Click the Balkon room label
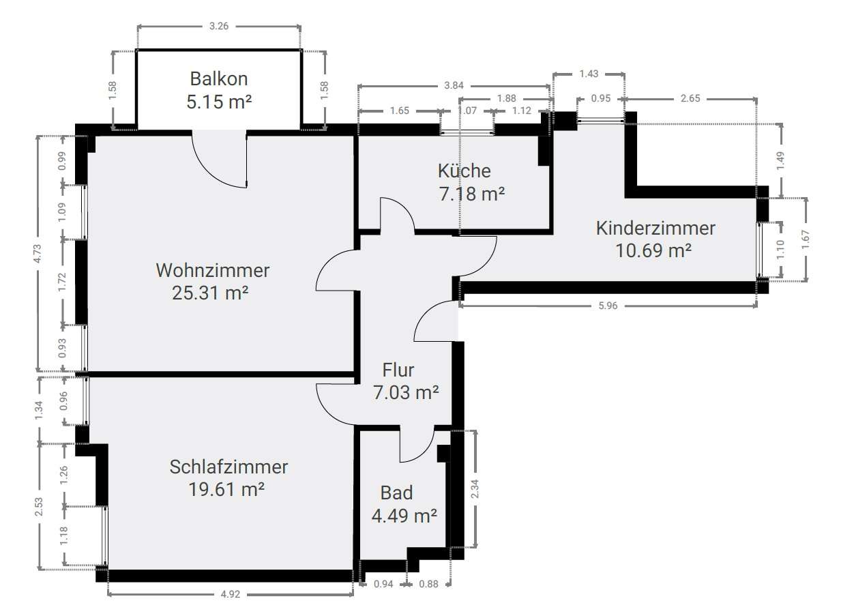(x=219, y=79)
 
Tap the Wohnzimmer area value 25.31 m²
(x=210, y=293)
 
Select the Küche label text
(x=464, y=171)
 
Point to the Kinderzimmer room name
(x=655, y=229)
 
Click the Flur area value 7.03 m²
(x=406, y=392)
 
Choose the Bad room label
(x=396, y=493)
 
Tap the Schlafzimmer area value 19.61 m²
(x=226, y=489)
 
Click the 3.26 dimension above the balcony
(x=219, y=26)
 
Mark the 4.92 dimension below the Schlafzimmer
(x=230, y=594)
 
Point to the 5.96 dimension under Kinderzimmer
(x=608, y=306)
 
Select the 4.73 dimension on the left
(x=38, y=254)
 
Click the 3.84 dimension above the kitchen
(x=454, y=85)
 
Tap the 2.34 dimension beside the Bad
(x=475, y=488)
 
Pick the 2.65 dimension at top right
(x=690, y=98)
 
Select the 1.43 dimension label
(x=589, y=74)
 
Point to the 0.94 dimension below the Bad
(x=383, y=584)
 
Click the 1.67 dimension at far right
(x=806, y=239)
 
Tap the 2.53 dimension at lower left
(x=39, y=506)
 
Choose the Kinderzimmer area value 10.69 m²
(x=653, y=250)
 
